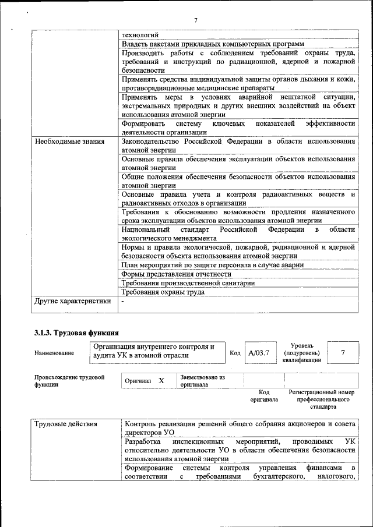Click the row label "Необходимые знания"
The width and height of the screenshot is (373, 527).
69,141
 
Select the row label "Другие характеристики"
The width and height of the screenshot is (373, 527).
72,301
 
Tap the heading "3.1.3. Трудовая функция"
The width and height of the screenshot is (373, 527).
76,333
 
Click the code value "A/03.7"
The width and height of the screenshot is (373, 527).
258,352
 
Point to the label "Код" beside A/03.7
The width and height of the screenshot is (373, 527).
235,353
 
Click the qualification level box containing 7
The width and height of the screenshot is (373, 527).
343,352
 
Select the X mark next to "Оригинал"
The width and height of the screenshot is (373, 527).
161,381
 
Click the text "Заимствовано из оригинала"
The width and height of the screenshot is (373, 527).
202,381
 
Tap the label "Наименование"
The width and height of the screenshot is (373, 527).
54,353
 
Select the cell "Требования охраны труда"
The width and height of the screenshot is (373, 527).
163,292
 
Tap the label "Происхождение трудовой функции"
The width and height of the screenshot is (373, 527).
69,381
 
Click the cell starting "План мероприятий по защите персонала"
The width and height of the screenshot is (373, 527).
213,264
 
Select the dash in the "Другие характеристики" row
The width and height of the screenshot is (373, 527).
123,301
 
